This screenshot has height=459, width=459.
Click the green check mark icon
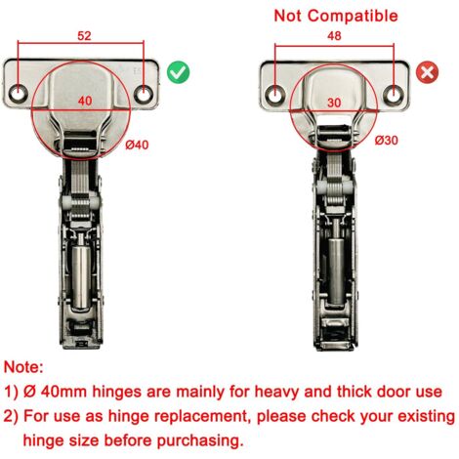click(178, 73)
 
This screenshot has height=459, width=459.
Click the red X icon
click(427, 72)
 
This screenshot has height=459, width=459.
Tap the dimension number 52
click(84, 36)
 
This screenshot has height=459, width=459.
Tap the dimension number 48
click(334, 36)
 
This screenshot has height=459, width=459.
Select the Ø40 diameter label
click(137, 145)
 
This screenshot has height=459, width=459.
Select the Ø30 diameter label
click(386, 141)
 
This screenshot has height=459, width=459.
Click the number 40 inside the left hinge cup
click(85, 101)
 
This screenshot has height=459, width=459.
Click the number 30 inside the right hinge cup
click(334, 103)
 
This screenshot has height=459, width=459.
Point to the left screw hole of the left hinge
click(17, 94)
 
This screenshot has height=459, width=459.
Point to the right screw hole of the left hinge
click(143, 95)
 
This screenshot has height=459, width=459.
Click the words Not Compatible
click(336, 16)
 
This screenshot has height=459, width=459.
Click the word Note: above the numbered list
click(23, 367)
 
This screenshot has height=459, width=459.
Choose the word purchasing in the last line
click(200, 441)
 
